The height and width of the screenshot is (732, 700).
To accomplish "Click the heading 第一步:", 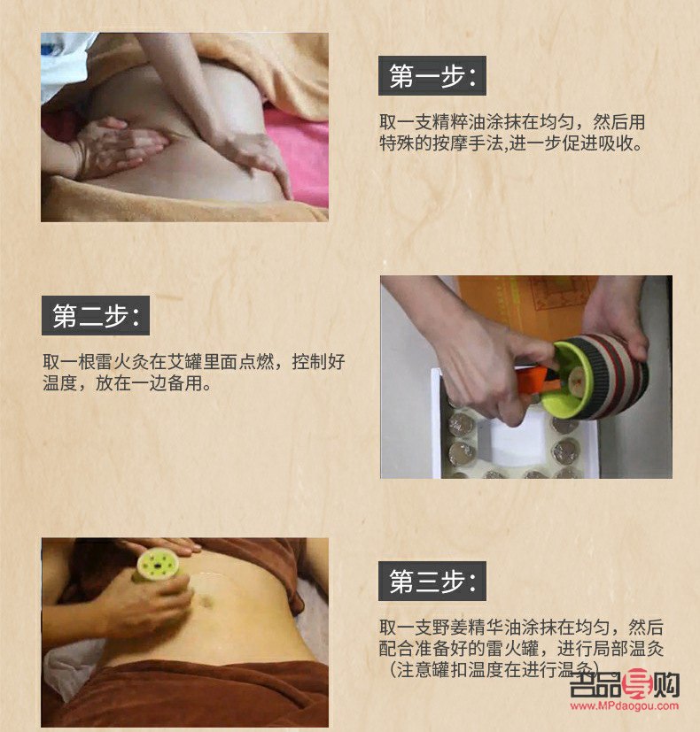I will click(x=432, y=76).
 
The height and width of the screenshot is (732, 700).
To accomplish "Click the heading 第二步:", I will click(x=95, y=316).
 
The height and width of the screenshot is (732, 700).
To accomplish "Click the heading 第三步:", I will click(x=432, y=582).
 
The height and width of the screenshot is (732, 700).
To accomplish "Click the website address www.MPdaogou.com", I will click(x=624, y=706).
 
